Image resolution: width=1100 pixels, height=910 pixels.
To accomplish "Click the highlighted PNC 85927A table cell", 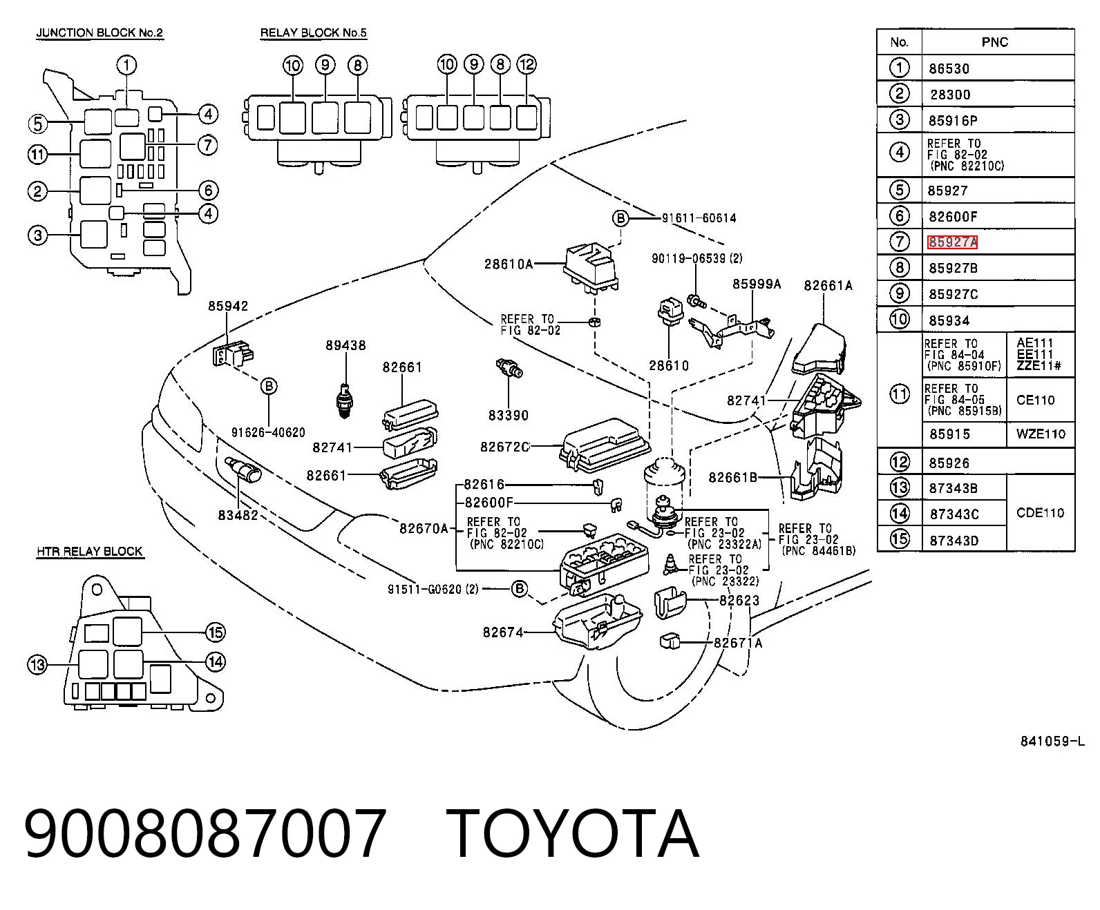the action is pos(953,242).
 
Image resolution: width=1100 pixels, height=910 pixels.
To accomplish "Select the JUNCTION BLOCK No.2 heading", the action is pos(99,32).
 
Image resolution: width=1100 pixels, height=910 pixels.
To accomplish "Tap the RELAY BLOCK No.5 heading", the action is pos(314,32).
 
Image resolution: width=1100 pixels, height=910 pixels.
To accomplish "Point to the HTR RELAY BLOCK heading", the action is pos(90,552).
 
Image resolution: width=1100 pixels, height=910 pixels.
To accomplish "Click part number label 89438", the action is pos(345,345).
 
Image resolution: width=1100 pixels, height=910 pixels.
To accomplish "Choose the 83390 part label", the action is pos(509,416).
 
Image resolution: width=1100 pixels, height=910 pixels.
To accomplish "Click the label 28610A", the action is pos(509,264).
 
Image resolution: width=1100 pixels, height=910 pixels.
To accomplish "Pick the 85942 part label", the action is pos(228,306).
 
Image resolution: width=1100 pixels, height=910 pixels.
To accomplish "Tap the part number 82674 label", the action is pos(503,632).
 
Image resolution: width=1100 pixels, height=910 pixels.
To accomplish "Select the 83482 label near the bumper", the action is pos(238,515).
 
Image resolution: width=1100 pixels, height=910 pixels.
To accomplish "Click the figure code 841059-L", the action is pos(1052,742).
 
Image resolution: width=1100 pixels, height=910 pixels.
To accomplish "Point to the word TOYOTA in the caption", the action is pos(572,835).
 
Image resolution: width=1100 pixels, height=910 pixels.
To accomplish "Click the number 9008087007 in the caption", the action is pos(205,835).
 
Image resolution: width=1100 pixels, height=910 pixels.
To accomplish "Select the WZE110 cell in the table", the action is pos(1041,434).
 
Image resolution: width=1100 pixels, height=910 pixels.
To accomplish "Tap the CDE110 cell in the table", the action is pos(1041,513).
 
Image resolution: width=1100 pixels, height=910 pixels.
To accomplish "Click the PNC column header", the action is pos(995,42).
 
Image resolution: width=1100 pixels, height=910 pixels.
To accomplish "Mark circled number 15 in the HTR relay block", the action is pos(216,632).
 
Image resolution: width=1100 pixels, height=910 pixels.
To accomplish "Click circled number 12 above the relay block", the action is pos(527,65).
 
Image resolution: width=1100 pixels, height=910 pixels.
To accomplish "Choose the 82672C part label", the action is pos(504,447).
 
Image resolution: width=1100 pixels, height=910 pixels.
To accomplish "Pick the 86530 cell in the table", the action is pos(949,69).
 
